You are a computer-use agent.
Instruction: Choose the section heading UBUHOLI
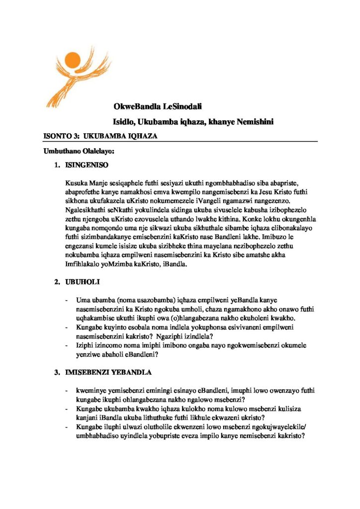click(83, 282)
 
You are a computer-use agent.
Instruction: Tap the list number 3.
click(57, 372)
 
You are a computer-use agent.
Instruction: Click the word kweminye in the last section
click(90, 391)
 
